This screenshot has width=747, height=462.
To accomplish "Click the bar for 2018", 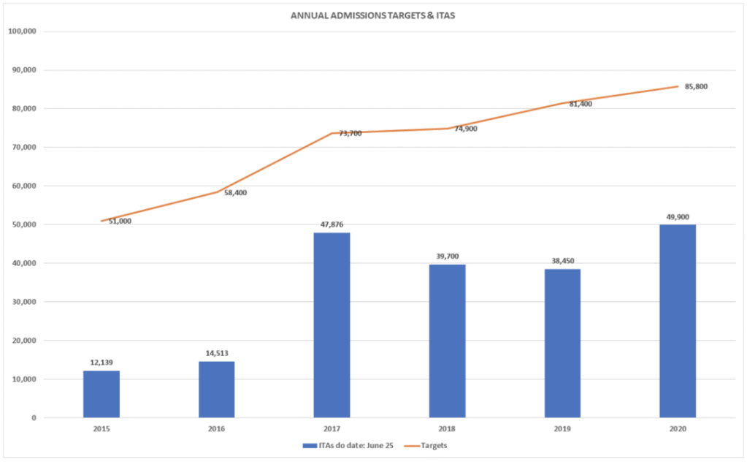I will pyautogui.click(x=447, y=341).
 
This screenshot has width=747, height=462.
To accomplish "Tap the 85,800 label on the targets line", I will pyautogui.click(x=695, y=87).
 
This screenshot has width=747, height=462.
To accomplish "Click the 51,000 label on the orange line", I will pyautogui.click(x=120, y=221).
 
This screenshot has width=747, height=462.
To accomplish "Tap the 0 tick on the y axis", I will pyautogui.click(x=34, y=417).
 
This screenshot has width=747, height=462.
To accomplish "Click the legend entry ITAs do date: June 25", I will pyautogui.click(x=350, y=445).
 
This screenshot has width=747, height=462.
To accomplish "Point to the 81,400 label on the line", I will pyautogui.click(x=580, y=104).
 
